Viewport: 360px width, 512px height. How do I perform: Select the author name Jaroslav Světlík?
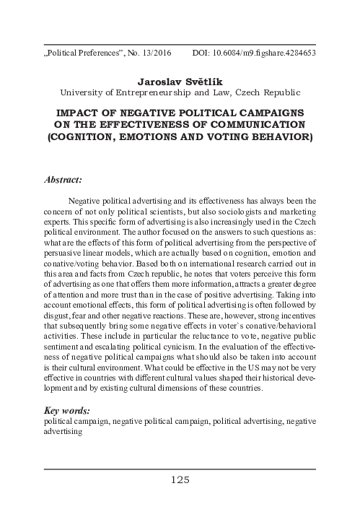[180, 80]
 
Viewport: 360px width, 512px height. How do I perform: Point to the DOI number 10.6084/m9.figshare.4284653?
[270, 53]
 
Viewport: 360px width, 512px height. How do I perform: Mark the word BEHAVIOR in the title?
[284, 136]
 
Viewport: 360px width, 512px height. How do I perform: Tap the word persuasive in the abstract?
[65, 253]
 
